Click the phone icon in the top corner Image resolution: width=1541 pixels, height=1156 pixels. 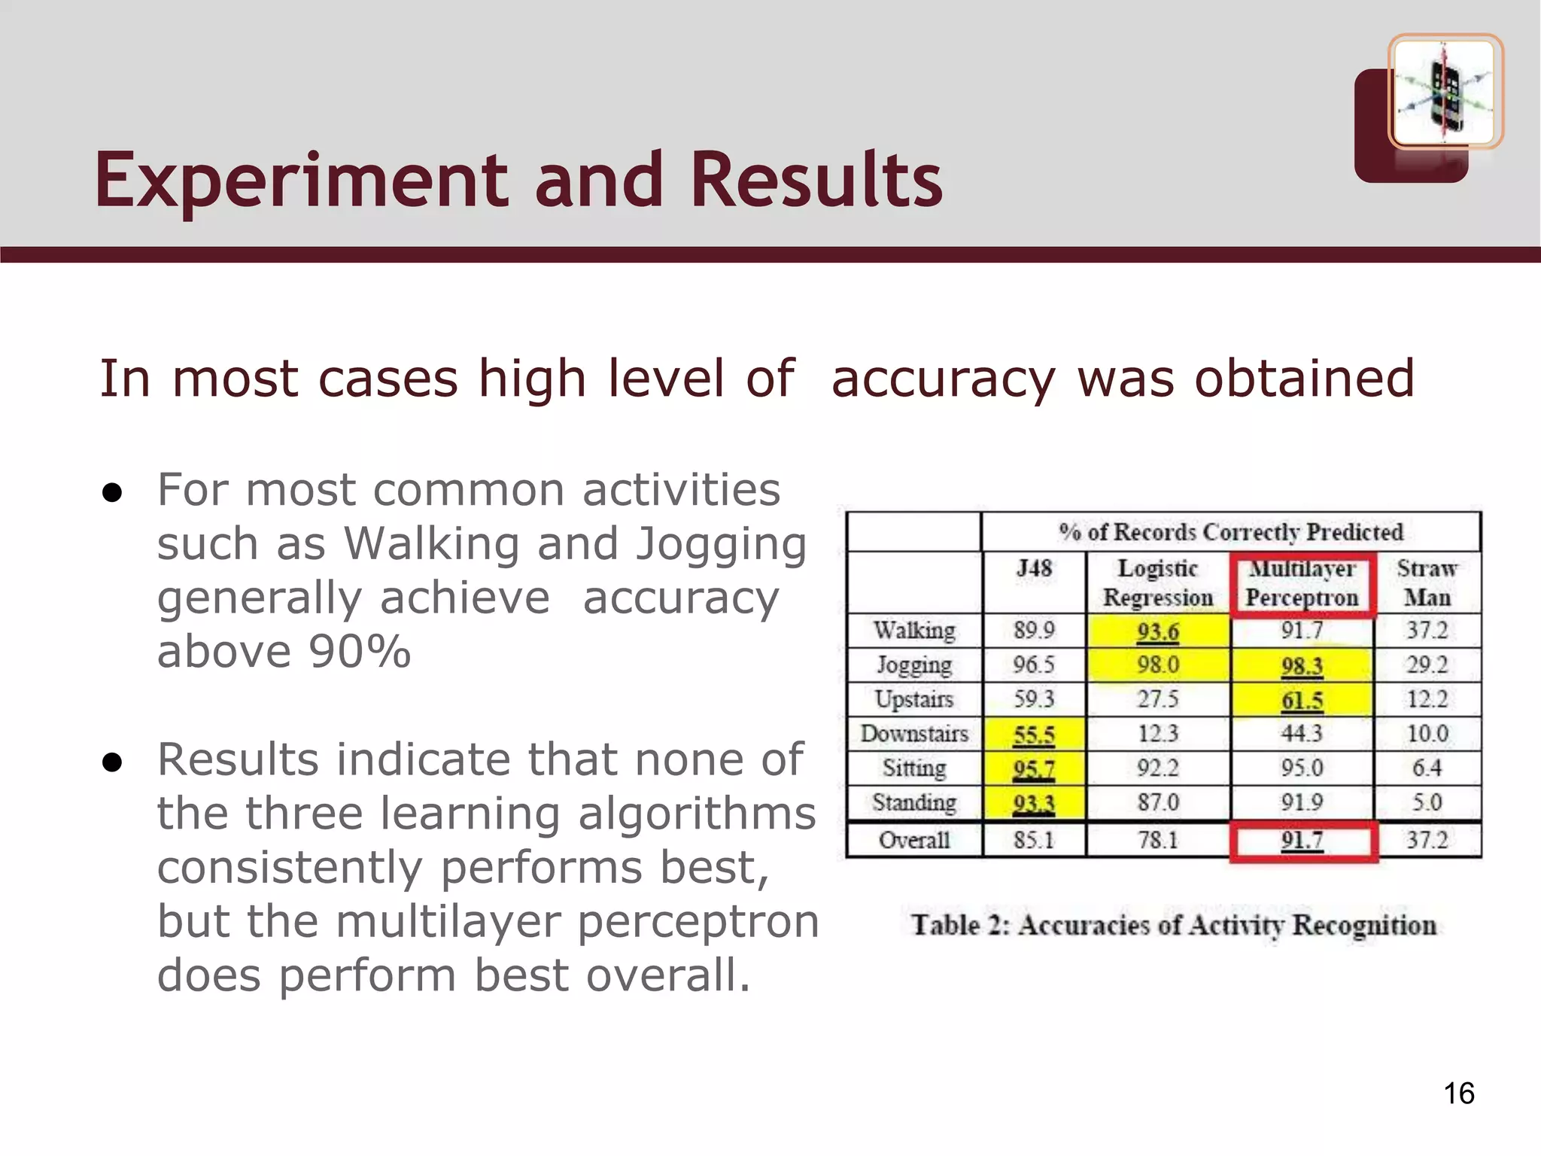pyautogui.click(x=1445, y=92)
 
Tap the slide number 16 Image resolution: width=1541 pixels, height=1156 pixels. pyautogui.click(x=1459, y=1094)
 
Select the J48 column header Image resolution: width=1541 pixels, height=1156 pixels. pyautogui.click(x=1034, y=568)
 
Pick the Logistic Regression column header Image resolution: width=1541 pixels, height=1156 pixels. pyautogui.click(x=1158, y=583)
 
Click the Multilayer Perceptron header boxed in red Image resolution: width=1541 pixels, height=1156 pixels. pyautogui.click(x=1302, y=583)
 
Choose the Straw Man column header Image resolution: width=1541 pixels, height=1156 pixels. pyautogui.click(x=1427, y=583)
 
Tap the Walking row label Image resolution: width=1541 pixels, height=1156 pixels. pyautogui.click(x=914, y=630)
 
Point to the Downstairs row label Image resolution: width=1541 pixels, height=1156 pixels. pyautogui.click(x=914, y=734)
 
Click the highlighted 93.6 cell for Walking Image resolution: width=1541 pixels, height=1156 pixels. pyautogui.click(x=1158, y=631)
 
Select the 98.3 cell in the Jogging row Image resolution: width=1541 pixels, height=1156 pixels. pyautogui.click(x=1302, y=665)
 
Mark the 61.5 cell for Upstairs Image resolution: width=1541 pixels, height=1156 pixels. pyautogui.click(x=1302, y=700)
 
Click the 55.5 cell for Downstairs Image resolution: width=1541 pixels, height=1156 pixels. pyautogui.click(x=1034, y=735)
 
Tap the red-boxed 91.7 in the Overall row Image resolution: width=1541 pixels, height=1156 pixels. pyautogui.click(x=1302, y=840)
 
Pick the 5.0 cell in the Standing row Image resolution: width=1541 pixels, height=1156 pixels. pyautogui.click(x=1427, y=802)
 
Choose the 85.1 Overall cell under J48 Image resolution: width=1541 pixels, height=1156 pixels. pyautogui.click(x=1034, y=840)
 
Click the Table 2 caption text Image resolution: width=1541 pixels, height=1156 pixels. pyautogui.click(x=1174, y=925)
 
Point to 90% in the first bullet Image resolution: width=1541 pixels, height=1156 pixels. pyautogui.click(x=360, y=651)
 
